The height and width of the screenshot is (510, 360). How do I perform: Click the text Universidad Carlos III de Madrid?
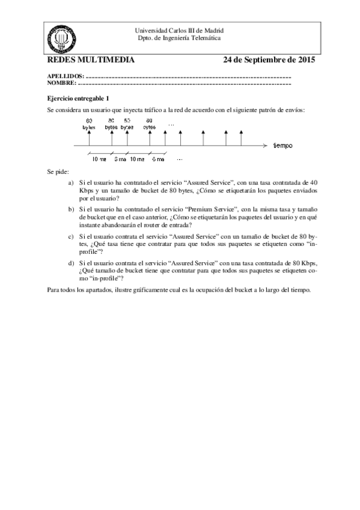[x=179, y=30]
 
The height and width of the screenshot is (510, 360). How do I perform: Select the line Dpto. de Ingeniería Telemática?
[x=179, y=37]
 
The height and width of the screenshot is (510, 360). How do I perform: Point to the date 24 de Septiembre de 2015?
[x=269, y=60]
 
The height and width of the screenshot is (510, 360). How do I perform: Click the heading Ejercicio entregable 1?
[x=78, y=97]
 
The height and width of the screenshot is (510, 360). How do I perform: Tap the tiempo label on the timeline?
[x=283, y=146]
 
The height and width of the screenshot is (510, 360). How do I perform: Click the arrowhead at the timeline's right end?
[x=264, y=146]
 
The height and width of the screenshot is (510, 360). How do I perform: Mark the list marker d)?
[x=71, y=263]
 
